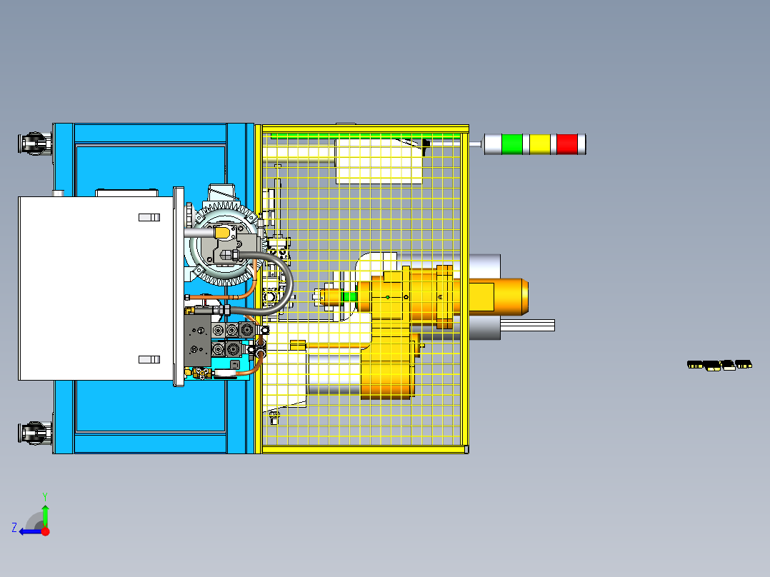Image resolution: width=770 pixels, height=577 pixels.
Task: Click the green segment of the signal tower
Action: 511,144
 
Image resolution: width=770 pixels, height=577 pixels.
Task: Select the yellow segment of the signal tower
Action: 540,144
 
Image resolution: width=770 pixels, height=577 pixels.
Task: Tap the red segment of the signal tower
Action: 566,144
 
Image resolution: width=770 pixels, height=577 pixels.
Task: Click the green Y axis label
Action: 45,496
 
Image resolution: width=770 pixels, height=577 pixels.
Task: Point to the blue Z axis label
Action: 14,528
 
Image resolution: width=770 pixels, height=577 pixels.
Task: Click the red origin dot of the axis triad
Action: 45,531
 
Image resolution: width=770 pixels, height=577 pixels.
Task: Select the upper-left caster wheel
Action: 36,144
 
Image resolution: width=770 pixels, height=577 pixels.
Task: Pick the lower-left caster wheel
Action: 36,433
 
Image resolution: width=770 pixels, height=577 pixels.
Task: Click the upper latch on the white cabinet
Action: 149,218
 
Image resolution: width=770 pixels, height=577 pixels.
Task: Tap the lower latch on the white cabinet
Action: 149,359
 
